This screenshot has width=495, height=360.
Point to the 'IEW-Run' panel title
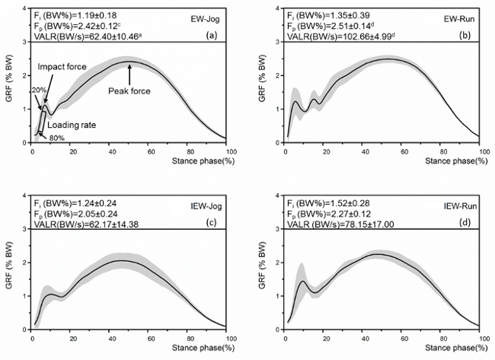[458, 202]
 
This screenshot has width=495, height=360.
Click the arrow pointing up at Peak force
[129, 74]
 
